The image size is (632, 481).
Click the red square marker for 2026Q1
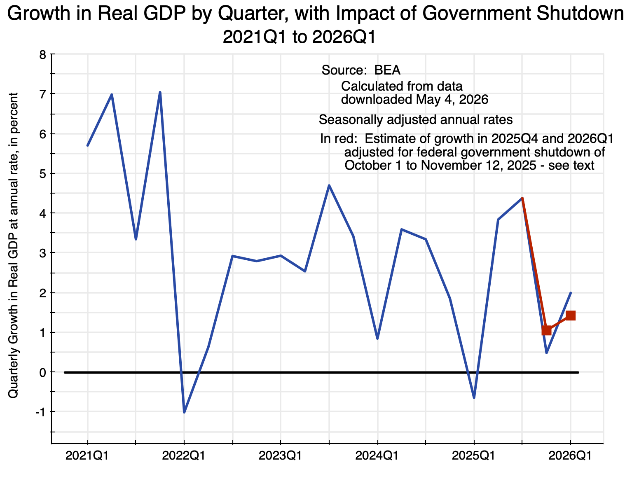coord(570,315)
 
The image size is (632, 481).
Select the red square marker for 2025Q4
coord(546,331)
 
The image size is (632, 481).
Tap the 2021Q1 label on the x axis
coord(87,456)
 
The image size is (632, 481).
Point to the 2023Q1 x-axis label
coord(280,456)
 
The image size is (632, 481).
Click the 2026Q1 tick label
coord(570,456)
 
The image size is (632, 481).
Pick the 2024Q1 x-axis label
coord(377,456)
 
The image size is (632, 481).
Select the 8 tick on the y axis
coord(43,54)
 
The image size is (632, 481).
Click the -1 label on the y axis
coord(41,412)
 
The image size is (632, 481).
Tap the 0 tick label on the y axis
coord(43,373)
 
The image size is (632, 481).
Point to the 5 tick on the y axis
coord(43,173)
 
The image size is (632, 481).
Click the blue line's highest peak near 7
coord(160,92)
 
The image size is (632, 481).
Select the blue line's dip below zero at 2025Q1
coord(474,398)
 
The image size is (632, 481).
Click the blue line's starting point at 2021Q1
coord(87,145)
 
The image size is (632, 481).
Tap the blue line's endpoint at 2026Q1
coord(571,293)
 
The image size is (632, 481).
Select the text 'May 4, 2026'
coord(452,100)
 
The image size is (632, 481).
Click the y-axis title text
coord(13,245)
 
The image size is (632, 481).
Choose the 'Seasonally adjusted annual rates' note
coord(415,120)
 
